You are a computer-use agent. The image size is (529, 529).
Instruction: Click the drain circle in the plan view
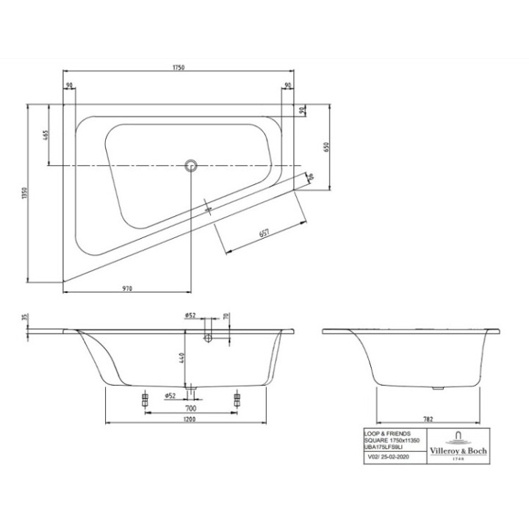pos(191,165)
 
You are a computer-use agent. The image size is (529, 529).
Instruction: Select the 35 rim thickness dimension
pos(24,317)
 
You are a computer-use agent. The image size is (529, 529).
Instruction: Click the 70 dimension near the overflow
pos(227,317)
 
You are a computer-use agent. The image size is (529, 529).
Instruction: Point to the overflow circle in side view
pos(208,338)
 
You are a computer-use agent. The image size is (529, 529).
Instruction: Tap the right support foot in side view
pos(237,400)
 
